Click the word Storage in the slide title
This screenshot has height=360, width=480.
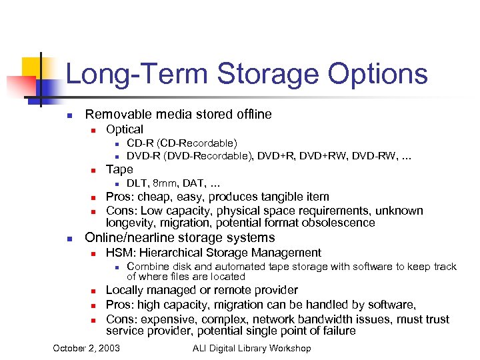coord(274,73)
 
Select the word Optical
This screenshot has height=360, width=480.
coord(125,129)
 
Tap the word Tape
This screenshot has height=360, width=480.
coord(119,169)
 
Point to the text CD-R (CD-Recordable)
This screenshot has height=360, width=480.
coord(181,143)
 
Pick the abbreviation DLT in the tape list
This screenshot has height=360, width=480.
coord(137,183)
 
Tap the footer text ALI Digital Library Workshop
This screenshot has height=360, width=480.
coord(251,348)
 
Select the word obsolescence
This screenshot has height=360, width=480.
coord(338,223)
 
